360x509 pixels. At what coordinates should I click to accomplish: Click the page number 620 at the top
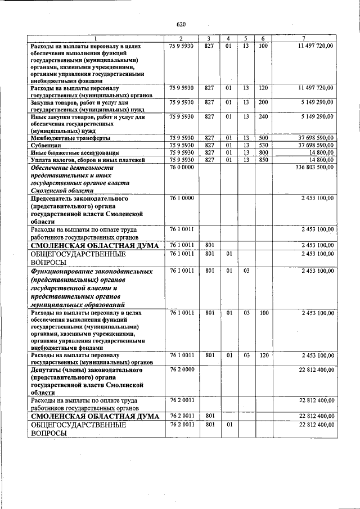coord(181,24)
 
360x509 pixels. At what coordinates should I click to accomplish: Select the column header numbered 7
coord(304,38)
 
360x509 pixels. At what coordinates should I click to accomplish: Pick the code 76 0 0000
coord(181,168)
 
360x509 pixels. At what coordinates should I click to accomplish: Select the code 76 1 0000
coord(181,199)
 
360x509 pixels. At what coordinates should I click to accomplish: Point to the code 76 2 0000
coord(181,370)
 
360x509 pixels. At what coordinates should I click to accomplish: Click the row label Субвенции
coord(46,145)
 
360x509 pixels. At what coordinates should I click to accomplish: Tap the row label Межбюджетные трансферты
coord(70,138)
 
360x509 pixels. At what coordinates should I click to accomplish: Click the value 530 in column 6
coord(263,145)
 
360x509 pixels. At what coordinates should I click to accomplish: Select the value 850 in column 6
coord(263,160)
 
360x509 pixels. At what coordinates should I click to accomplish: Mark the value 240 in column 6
coord(263,117)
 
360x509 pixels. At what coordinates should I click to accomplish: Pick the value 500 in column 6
coord(263,138)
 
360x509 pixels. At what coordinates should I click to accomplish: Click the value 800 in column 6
coord(263,152)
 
